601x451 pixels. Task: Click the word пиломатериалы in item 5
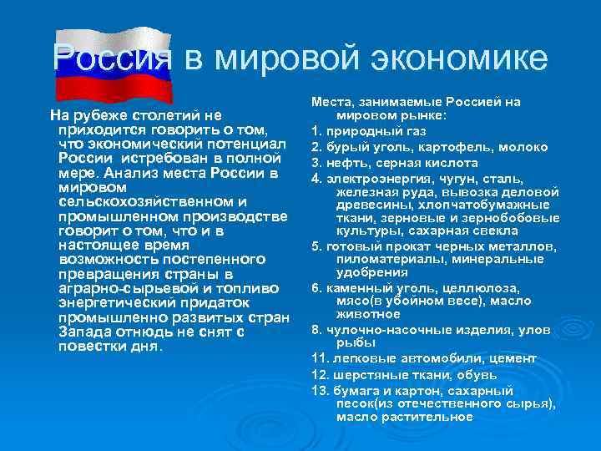(x=378, y=259)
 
